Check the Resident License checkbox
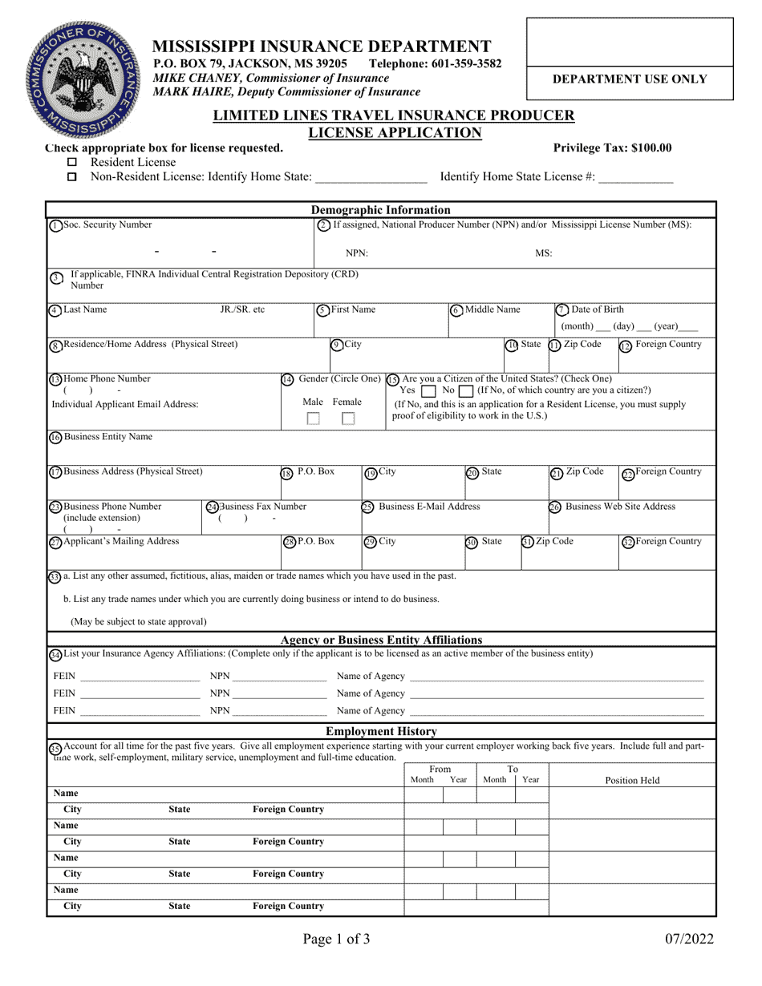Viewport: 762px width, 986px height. (x=73, y=163)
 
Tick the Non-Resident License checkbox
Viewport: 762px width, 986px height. (x=73, y=177)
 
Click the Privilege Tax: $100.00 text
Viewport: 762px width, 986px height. (x=612, y=147)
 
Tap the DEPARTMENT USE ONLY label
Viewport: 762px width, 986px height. (x=630, y=79)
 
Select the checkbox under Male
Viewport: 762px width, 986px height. (x=314, y=418)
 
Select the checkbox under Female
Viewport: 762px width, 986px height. (x=348, y=418)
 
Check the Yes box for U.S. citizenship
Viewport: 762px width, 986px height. (x=428, y=390)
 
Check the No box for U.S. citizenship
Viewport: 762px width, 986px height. (x=466, y=390)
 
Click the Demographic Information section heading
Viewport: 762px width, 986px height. (x=380, y=211)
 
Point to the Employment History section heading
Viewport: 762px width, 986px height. (x=380, y=731)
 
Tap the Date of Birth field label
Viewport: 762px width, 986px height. (x=596, y=309)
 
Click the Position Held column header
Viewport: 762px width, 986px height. (x=632, y=780)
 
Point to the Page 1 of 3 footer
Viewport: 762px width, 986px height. (x=336, y=939)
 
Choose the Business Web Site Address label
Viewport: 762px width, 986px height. (x=620, y=507)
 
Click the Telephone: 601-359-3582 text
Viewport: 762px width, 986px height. (x=435, y=63)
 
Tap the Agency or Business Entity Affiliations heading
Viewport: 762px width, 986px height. (x=381, y=640)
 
